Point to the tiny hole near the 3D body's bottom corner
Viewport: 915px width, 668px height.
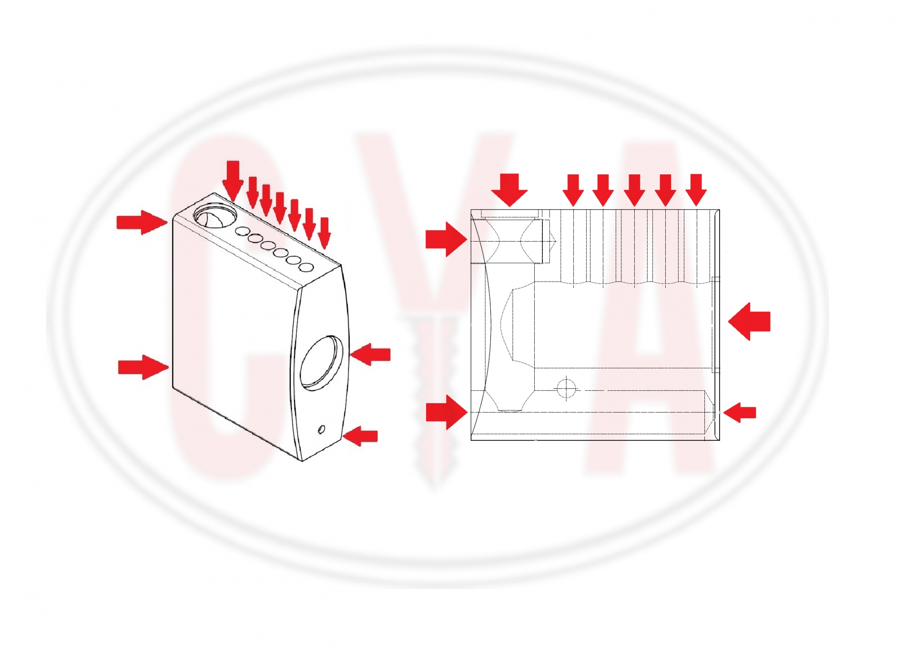322,430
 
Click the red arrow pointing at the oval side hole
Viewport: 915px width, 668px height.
370,354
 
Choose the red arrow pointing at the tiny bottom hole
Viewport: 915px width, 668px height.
360,436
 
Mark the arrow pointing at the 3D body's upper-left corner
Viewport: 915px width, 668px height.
142,222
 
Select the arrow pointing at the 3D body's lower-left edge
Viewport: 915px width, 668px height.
143,367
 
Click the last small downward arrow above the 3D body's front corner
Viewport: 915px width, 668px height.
324,233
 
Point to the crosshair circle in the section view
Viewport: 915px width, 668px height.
566,389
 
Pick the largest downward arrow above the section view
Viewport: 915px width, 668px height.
509,190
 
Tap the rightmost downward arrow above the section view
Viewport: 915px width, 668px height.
696,190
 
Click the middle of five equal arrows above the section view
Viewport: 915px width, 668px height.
634,190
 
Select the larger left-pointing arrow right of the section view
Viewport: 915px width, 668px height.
749,322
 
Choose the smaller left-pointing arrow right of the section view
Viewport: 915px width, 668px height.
740,412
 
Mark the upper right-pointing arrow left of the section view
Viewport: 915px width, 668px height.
446,239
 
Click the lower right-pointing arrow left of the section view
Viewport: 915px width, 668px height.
447,412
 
